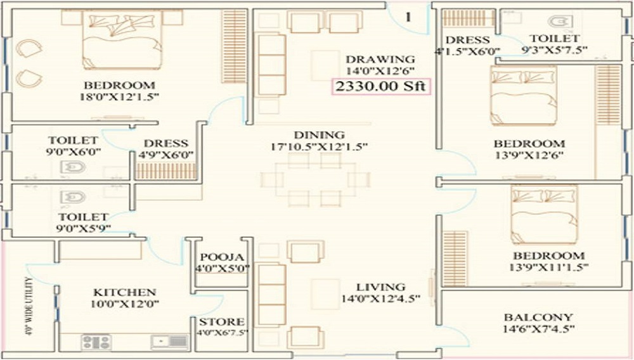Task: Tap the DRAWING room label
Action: pyautogui.click(x=380, y=60)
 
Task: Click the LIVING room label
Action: pyautogui.click(x=380, y=287)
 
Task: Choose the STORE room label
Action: pyautogui.click(x=221, y=322)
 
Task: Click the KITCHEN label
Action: pyautogui.click(x=124, y=292)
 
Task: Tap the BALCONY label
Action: pyautogui.click(x=538, y=317)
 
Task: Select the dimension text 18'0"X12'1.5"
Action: pyautogui.click(x=120, y=97)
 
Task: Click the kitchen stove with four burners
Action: pyautogui.click(x=96, y=342)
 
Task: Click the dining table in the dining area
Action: pyautogui.click(x=315, y=179)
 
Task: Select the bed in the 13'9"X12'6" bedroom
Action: pyautogui.click(x=523, y=95)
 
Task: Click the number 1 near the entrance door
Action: pyautogui.click(x=408, y=17)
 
